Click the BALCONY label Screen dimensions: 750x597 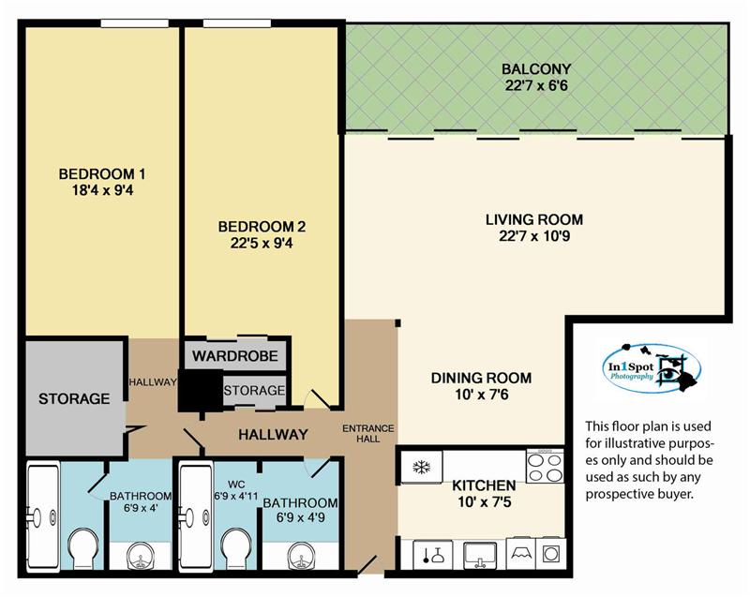(536, 68)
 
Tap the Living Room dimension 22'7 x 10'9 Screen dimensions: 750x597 (534, 236)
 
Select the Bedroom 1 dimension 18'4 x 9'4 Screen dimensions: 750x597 (102, 190)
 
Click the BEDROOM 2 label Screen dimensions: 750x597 (262, 226)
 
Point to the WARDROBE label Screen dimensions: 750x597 (235, 355)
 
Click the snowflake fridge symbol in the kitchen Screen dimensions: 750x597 (421, 467)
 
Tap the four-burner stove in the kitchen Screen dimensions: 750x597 (545, 466)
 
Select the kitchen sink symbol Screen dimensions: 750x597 (480, 555)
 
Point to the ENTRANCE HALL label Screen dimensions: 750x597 (367, 434)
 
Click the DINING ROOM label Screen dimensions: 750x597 (481, 378)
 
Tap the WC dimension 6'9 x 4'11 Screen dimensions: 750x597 (236, 496)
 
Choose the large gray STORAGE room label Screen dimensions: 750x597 (74, 398)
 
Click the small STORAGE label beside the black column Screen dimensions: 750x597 (254, 391)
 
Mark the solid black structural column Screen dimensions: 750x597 (201, 390)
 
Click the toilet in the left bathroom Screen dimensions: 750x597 (83, 550)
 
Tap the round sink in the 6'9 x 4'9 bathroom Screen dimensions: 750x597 (301, 556)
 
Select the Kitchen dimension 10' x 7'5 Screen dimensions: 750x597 (484, 502)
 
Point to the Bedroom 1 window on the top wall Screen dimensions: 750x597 (135, 22)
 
